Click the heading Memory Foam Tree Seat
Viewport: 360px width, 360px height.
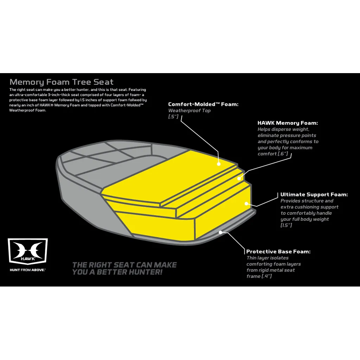point(62,82)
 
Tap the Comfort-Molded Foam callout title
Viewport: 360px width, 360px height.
point(203,104)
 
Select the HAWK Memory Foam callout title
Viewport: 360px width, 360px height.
point(288,123)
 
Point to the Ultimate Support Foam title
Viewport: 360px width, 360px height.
point(314,194)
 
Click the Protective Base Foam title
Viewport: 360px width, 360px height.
point(278,252)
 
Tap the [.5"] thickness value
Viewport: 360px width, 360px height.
point(173,117)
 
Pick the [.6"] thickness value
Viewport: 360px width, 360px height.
point(283,154)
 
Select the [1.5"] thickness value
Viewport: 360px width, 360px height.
point(286,225)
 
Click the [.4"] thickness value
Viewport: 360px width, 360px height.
point(266,276)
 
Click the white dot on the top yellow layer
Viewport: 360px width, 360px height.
point(219,164)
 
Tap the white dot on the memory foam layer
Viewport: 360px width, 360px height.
point(239,178)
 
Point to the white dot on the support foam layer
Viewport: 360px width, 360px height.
point(246,204)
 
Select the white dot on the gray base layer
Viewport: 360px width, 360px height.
point(220,232)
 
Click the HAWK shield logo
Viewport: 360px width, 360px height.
point(28,251)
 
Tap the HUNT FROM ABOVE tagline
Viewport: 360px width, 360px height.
point(27,270)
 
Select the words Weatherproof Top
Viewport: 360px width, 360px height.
point(189,110)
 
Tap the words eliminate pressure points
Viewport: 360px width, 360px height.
point(287,135)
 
